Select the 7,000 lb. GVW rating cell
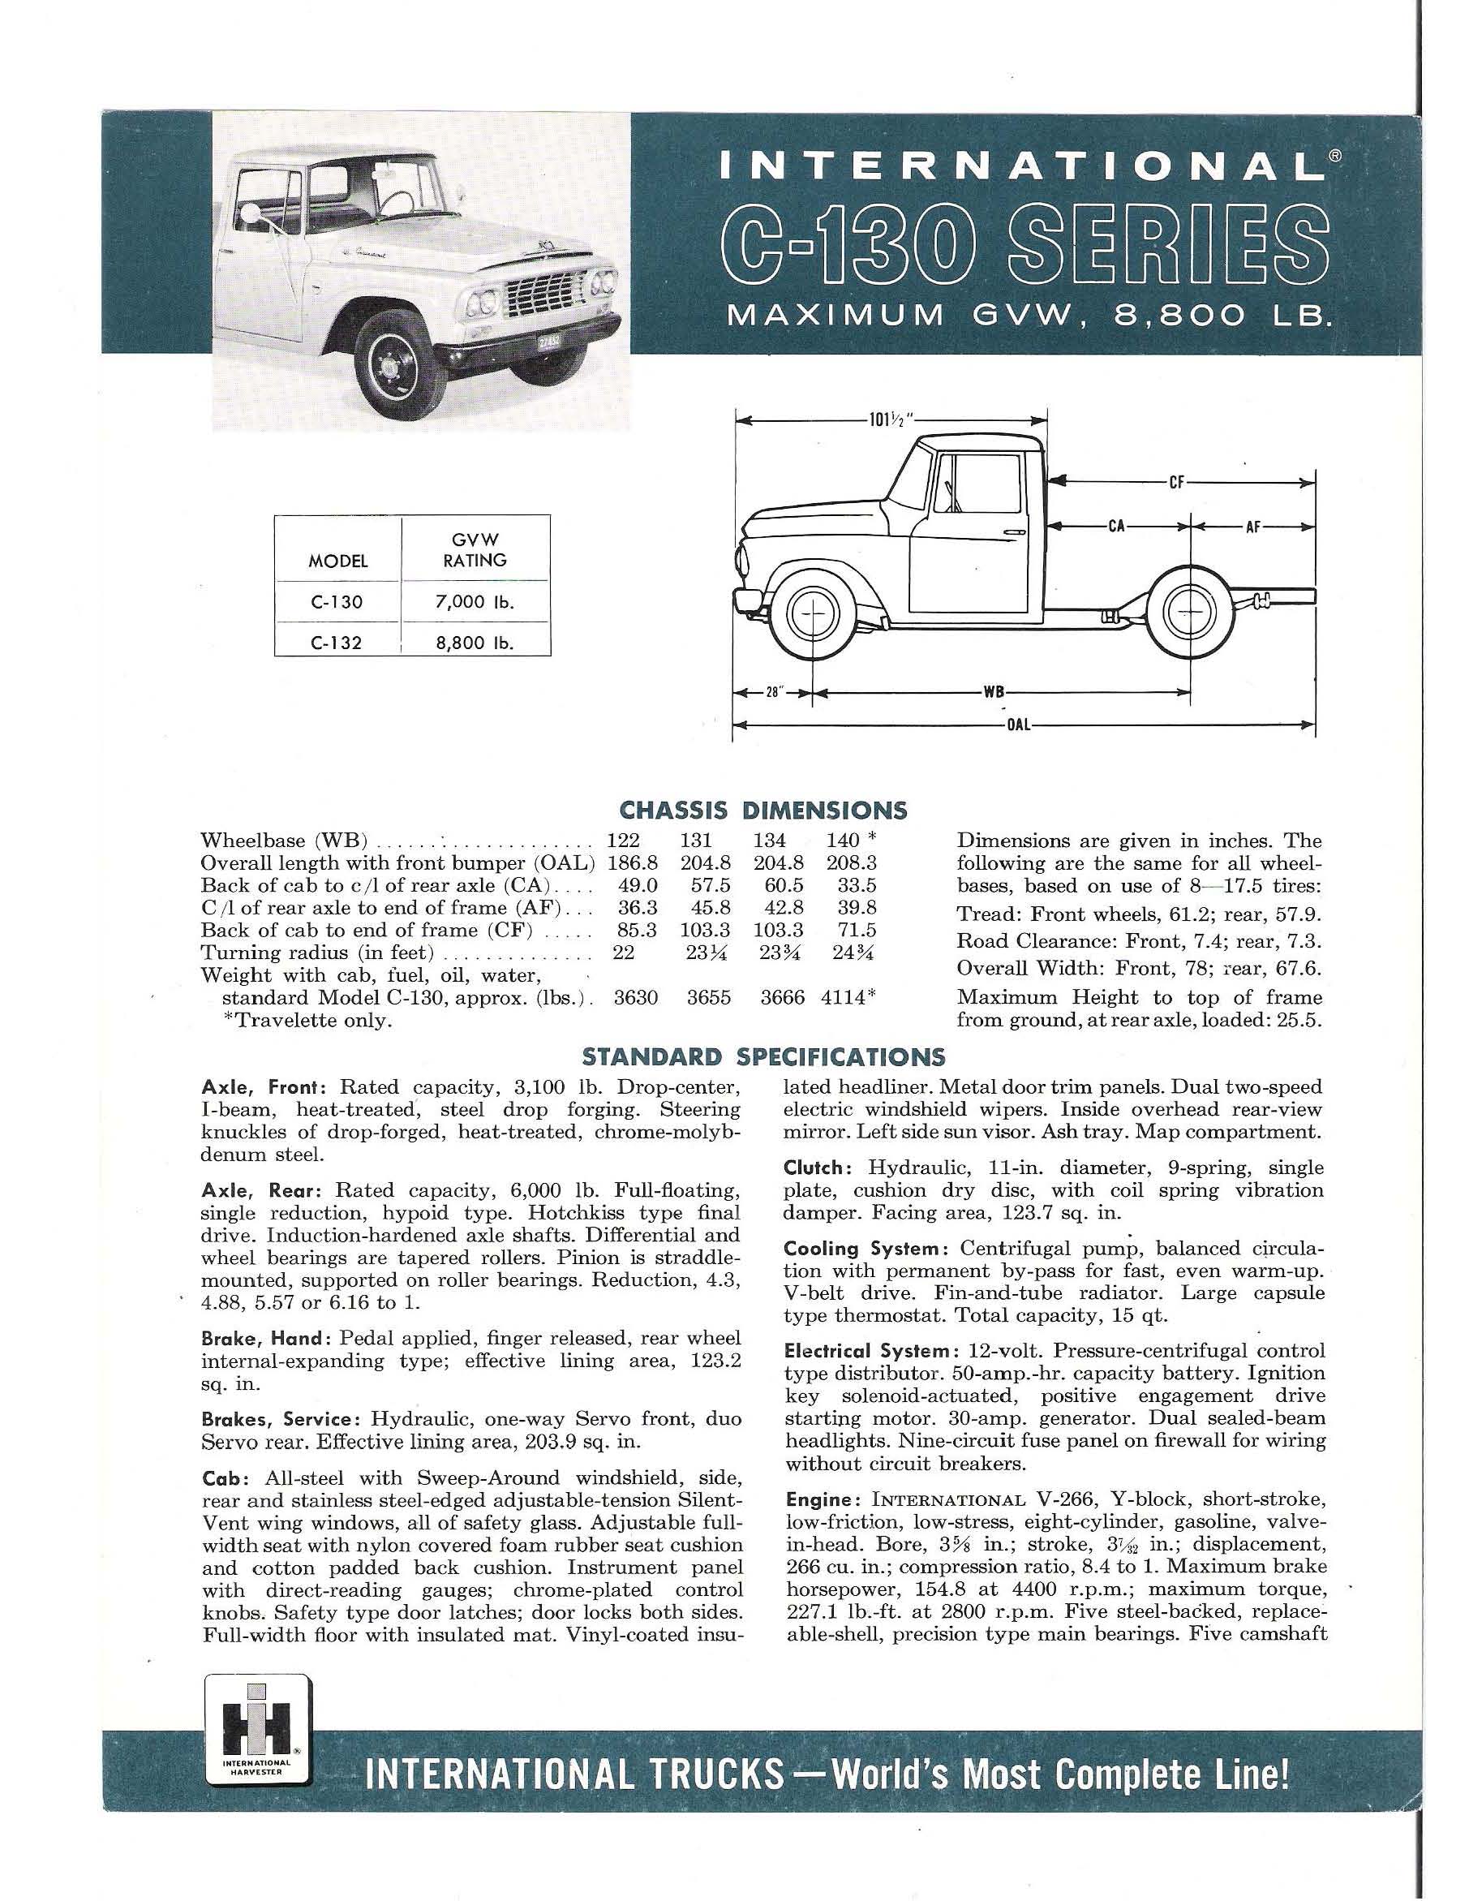[475, 602]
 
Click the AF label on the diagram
[1252, 527]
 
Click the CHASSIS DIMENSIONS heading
[762, 811]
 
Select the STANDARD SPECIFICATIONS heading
[762, 1056]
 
